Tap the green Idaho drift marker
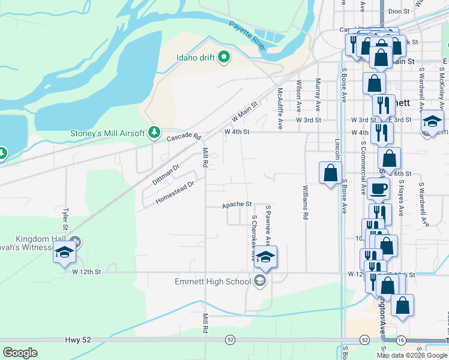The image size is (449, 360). coord(224,58)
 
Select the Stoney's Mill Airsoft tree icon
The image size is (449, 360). coord(154,131)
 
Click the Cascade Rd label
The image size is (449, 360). coord(183,137)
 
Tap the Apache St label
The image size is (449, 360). coord(237,205)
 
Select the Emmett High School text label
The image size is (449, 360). coord(212,281)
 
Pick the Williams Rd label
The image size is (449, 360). coord(305,203)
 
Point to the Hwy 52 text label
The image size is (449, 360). coord(78,340)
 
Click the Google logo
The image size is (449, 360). coord(20,353)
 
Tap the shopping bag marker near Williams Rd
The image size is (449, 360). coord(330,173)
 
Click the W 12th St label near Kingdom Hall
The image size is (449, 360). coord(85,272)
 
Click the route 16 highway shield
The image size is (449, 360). coord(401,340)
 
